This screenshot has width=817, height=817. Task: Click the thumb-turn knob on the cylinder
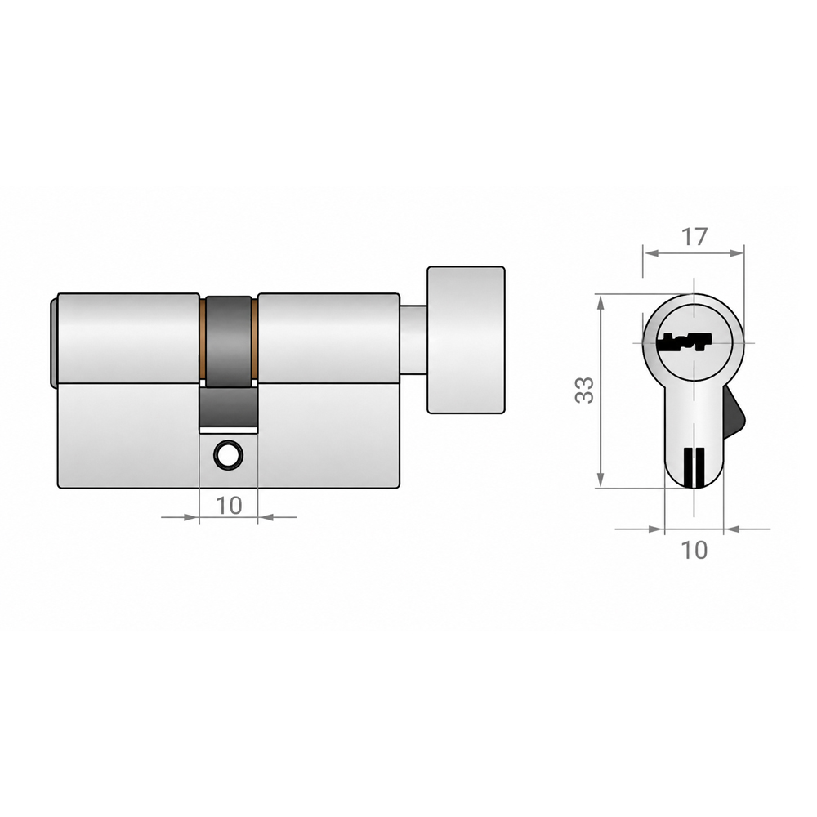[466, 340]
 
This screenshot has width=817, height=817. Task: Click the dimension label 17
[694, 237]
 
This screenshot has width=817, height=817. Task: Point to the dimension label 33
[584, 390]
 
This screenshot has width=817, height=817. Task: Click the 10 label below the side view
[694, 550]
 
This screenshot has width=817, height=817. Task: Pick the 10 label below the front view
[229, 505]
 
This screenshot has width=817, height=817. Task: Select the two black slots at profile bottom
[694, 467]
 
